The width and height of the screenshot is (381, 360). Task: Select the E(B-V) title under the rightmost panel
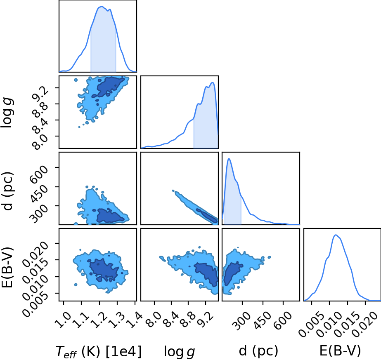(x=340, y=351)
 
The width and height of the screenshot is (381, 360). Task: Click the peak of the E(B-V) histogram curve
(x=336, y=235)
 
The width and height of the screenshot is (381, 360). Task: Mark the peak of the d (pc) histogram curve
(x=229, y=159)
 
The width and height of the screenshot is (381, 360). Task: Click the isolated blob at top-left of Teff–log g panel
(x=76, y=80)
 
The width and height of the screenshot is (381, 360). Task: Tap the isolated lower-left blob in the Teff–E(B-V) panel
(x=76, y=285)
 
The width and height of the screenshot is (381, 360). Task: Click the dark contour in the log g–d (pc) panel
(x=207, y=215)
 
